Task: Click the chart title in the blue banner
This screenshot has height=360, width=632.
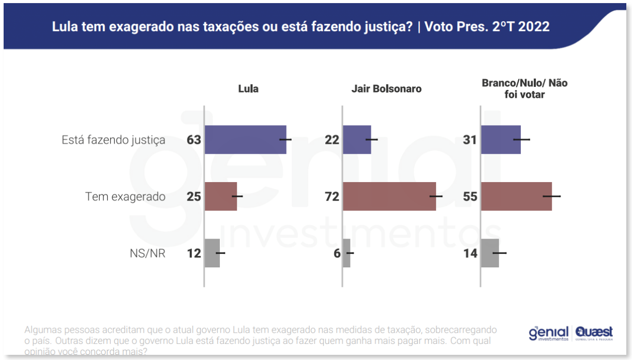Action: [x=300, y=27]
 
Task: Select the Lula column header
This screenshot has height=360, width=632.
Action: [x=248, y=89]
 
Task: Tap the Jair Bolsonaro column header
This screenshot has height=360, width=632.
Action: [x=386, y=89]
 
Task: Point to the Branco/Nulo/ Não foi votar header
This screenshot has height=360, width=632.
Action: [x=524, y=88]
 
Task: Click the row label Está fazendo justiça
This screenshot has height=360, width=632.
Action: [x=114, y=140]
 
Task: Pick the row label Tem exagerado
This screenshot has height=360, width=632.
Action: [x=126, y=197]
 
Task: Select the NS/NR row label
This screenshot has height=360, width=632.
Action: [x=148, y=253]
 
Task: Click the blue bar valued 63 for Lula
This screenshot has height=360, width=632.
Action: [x=245, y=140]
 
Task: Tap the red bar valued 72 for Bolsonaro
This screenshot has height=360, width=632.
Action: [x=389, y=197]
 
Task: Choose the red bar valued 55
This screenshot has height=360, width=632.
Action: [x=516, y=197]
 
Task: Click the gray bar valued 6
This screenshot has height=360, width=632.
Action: [x=347, y=253]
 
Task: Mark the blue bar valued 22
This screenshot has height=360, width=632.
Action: [x=357, y=140]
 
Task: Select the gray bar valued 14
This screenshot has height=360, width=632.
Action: [x=490, y=253]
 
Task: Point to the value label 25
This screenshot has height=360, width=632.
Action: [x=194, y=197]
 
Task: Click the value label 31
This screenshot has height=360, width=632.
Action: [x=470, y=140]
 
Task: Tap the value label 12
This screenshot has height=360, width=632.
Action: [x=194, y=253]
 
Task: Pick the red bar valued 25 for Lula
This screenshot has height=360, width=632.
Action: [x=221, y=197]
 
